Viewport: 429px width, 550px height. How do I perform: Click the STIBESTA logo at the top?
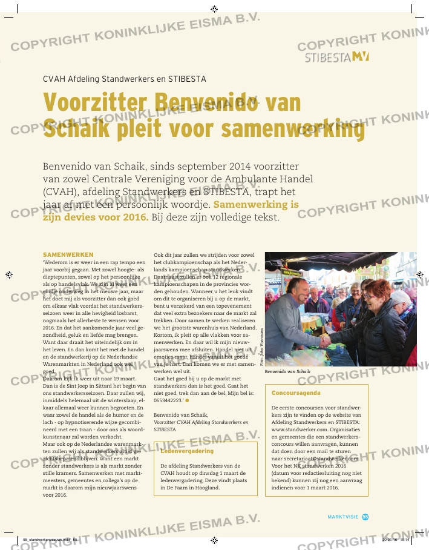click(336, 57)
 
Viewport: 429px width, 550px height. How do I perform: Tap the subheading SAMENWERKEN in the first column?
click(67, 255)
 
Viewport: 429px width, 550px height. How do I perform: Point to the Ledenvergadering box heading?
click(187, 451)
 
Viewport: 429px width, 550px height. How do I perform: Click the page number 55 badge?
click(365, 516)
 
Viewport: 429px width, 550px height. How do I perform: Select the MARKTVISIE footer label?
click(343, 517)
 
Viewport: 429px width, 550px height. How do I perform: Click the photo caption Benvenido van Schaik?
click(287, 371)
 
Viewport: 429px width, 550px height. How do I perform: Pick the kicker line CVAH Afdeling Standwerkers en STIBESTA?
click(125, 79)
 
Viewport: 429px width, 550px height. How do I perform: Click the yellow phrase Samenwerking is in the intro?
click(257, 205)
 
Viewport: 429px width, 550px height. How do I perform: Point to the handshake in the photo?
click(325, 341)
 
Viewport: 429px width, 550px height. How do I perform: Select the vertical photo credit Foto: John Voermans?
click(261, 346)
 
